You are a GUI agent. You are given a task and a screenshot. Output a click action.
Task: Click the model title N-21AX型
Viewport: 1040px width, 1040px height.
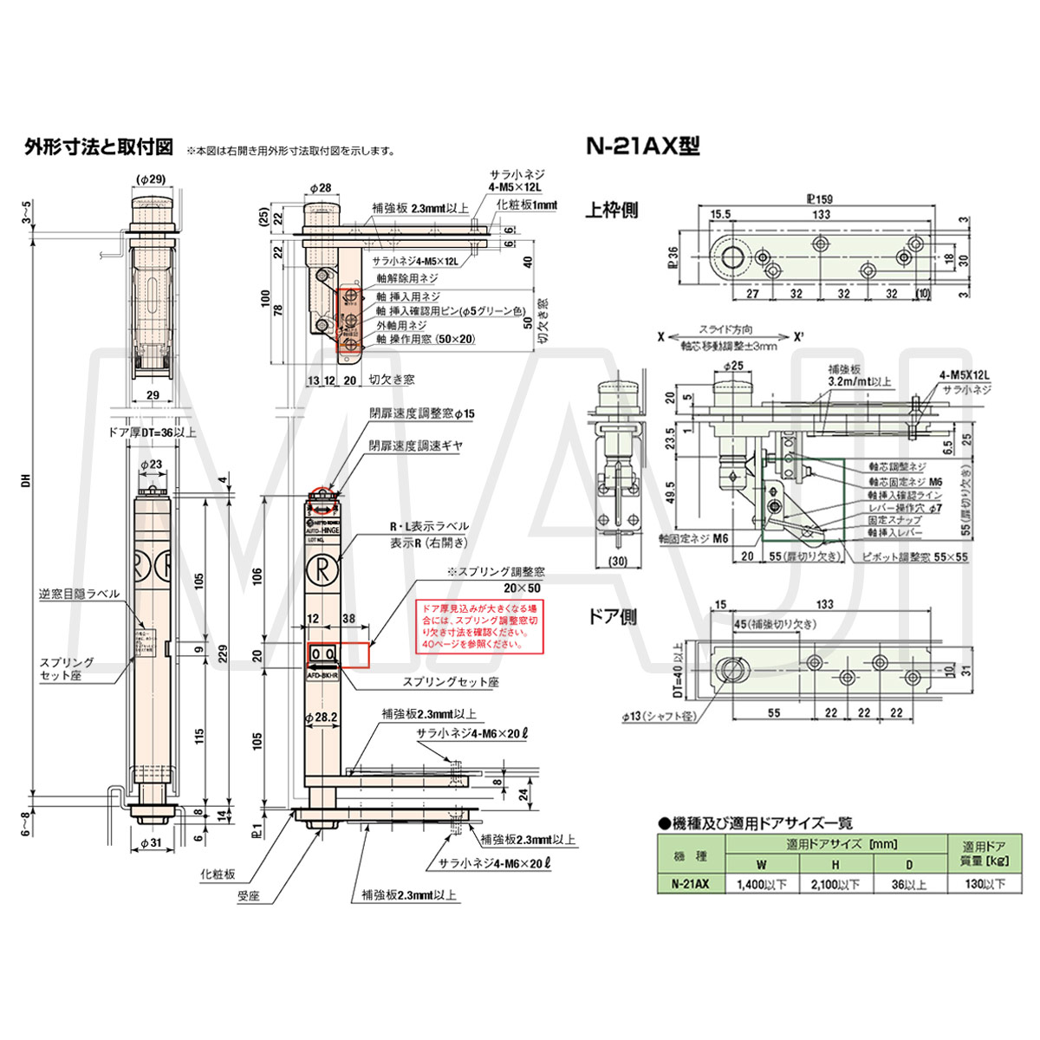643,146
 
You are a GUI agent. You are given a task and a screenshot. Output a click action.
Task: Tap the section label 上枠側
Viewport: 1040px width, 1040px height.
612,211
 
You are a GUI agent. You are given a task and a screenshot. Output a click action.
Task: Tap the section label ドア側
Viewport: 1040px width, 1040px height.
612,616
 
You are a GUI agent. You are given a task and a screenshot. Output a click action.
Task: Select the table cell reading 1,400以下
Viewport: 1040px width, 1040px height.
761,884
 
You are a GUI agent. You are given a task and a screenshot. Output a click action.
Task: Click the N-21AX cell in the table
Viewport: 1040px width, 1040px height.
690,884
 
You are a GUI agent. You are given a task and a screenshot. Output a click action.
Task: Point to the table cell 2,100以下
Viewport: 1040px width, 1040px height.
835,884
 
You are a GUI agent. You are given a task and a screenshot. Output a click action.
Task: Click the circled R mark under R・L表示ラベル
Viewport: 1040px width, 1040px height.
322,571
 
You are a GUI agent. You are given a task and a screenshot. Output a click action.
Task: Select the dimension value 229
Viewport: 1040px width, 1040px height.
224,651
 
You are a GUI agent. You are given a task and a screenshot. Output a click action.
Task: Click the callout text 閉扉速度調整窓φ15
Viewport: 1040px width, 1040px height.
422,414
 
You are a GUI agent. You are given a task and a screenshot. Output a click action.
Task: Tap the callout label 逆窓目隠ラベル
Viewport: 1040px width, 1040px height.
79,594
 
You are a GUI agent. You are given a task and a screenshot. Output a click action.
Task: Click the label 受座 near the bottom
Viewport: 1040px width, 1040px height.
248,896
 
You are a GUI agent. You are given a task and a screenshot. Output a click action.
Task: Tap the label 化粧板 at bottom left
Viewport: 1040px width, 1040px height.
218,874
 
